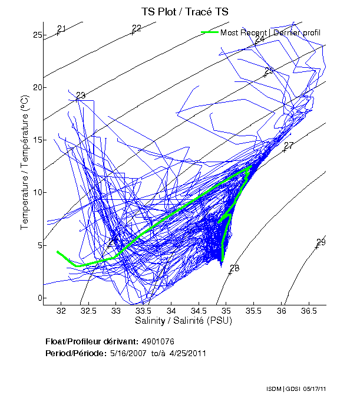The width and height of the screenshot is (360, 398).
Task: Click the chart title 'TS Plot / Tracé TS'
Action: click(184, 11)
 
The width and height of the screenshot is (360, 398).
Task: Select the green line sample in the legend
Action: click(209, 32)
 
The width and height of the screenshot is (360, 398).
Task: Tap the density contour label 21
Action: click(62, 29)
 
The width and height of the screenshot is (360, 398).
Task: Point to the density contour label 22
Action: click(137, 28)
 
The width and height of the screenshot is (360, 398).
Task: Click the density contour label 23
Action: click(81, 96)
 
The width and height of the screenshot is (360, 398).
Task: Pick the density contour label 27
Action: click(288, 146)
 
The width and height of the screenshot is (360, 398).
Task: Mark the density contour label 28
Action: click(235, 269)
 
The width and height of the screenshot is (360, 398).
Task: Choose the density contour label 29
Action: click(321, 242)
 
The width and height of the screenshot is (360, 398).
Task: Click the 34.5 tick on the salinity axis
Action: click(199, 310)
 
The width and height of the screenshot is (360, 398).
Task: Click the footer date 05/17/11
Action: click(314, 389)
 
